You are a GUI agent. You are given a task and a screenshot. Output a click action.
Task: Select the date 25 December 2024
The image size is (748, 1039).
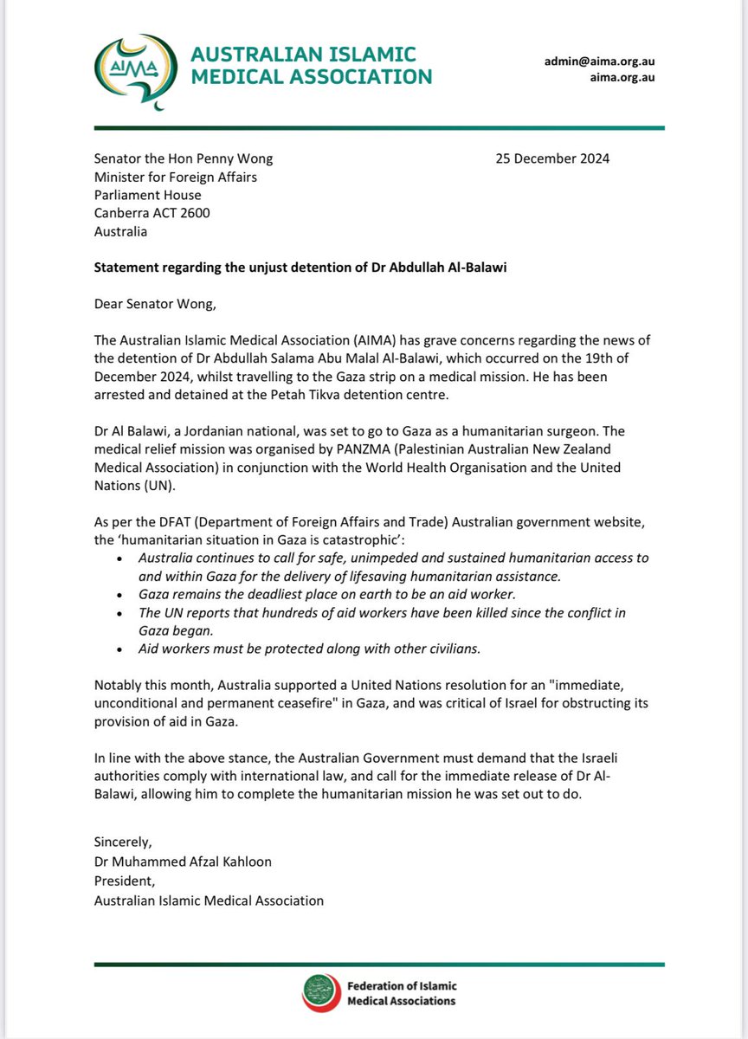(552, 158)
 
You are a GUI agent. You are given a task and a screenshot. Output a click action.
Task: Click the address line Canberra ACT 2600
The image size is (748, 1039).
(152, 213)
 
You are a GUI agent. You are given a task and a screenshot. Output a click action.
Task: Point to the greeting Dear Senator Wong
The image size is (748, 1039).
(155, 305)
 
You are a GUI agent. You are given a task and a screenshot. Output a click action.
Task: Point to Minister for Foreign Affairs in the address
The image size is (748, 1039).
(176, 177)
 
